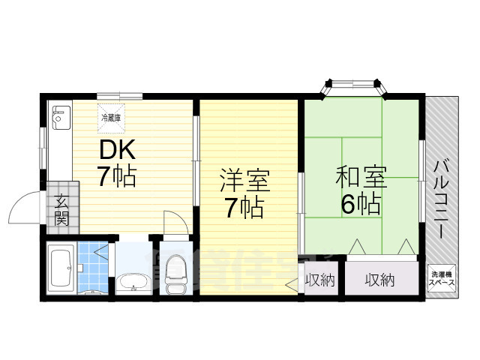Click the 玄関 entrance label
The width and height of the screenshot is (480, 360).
61,210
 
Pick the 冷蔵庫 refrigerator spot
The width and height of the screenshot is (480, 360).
112,115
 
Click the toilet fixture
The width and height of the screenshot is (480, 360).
175,274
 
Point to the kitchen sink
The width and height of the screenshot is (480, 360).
60,117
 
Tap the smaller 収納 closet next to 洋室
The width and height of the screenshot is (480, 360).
319,280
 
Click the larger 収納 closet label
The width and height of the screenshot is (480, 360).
379,280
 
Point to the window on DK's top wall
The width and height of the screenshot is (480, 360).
119,95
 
